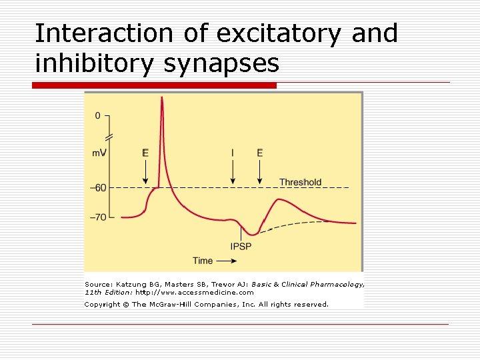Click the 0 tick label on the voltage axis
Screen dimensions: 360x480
(x=98, y=115)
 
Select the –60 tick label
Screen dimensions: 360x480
(x=98, y=187)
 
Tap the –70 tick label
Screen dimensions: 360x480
(x=98, y=217)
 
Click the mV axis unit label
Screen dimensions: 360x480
(x=99, y=153)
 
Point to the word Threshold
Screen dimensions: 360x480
(x=300, y=182)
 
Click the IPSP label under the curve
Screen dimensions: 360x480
(x=241, y=246)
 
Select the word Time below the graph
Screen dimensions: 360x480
(x=203, y=261)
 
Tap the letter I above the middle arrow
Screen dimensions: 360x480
(x=233, y=153)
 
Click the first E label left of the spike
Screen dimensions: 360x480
(x=145, y=153)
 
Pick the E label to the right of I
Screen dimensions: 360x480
(x=260, y=153)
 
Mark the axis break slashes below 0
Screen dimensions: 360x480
(x=109, y=137)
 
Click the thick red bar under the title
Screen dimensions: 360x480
(x=155, y=85)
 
